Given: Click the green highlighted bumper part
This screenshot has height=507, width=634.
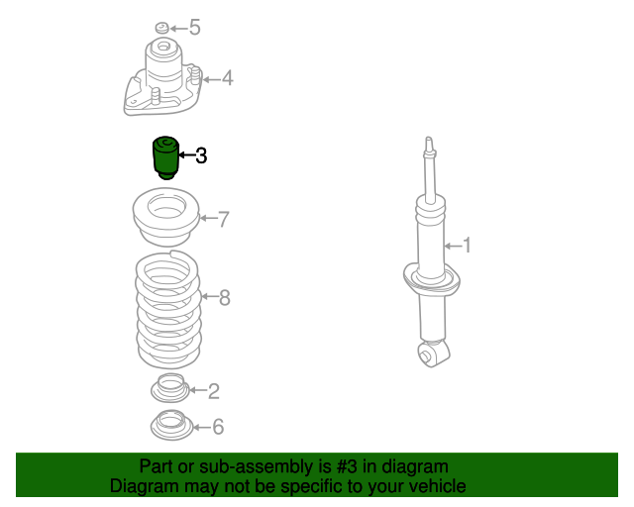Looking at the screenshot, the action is click(x=165, y=157).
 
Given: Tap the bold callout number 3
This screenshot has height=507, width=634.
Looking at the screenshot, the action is click(x=201, y=155).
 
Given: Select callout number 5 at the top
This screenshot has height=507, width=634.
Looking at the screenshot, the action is click(x=195, y=28).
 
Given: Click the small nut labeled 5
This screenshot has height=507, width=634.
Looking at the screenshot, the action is click(x=162, y=28).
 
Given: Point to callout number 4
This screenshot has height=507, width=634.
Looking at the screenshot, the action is click(x=228, y=78).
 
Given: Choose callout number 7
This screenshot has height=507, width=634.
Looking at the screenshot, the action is click(x=224, y=219).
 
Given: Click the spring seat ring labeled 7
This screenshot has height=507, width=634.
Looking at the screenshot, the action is click(x=166, y=217).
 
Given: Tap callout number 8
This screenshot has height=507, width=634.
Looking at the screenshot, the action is click(x=225, y=298).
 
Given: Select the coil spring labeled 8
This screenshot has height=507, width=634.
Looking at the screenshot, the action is click(x=167, y=309).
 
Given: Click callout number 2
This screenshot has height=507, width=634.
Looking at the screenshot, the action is click(x=214, y=391).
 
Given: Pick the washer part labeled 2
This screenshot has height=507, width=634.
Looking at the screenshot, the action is click(x=170, y=388).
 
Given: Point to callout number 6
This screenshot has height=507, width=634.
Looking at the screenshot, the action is click(x=218, y=427).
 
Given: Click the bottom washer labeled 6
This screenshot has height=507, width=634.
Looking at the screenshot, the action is click(x=171, y=426).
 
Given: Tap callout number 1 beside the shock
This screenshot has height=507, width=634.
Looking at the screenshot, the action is click(x=467, y=246).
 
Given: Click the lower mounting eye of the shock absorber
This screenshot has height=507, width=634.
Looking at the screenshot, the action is click(x=434, y=354).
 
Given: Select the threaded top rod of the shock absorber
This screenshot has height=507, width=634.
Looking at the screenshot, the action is click(x=429, y=169).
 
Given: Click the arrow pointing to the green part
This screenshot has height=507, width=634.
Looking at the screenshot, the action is click(x=187, y=154).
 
